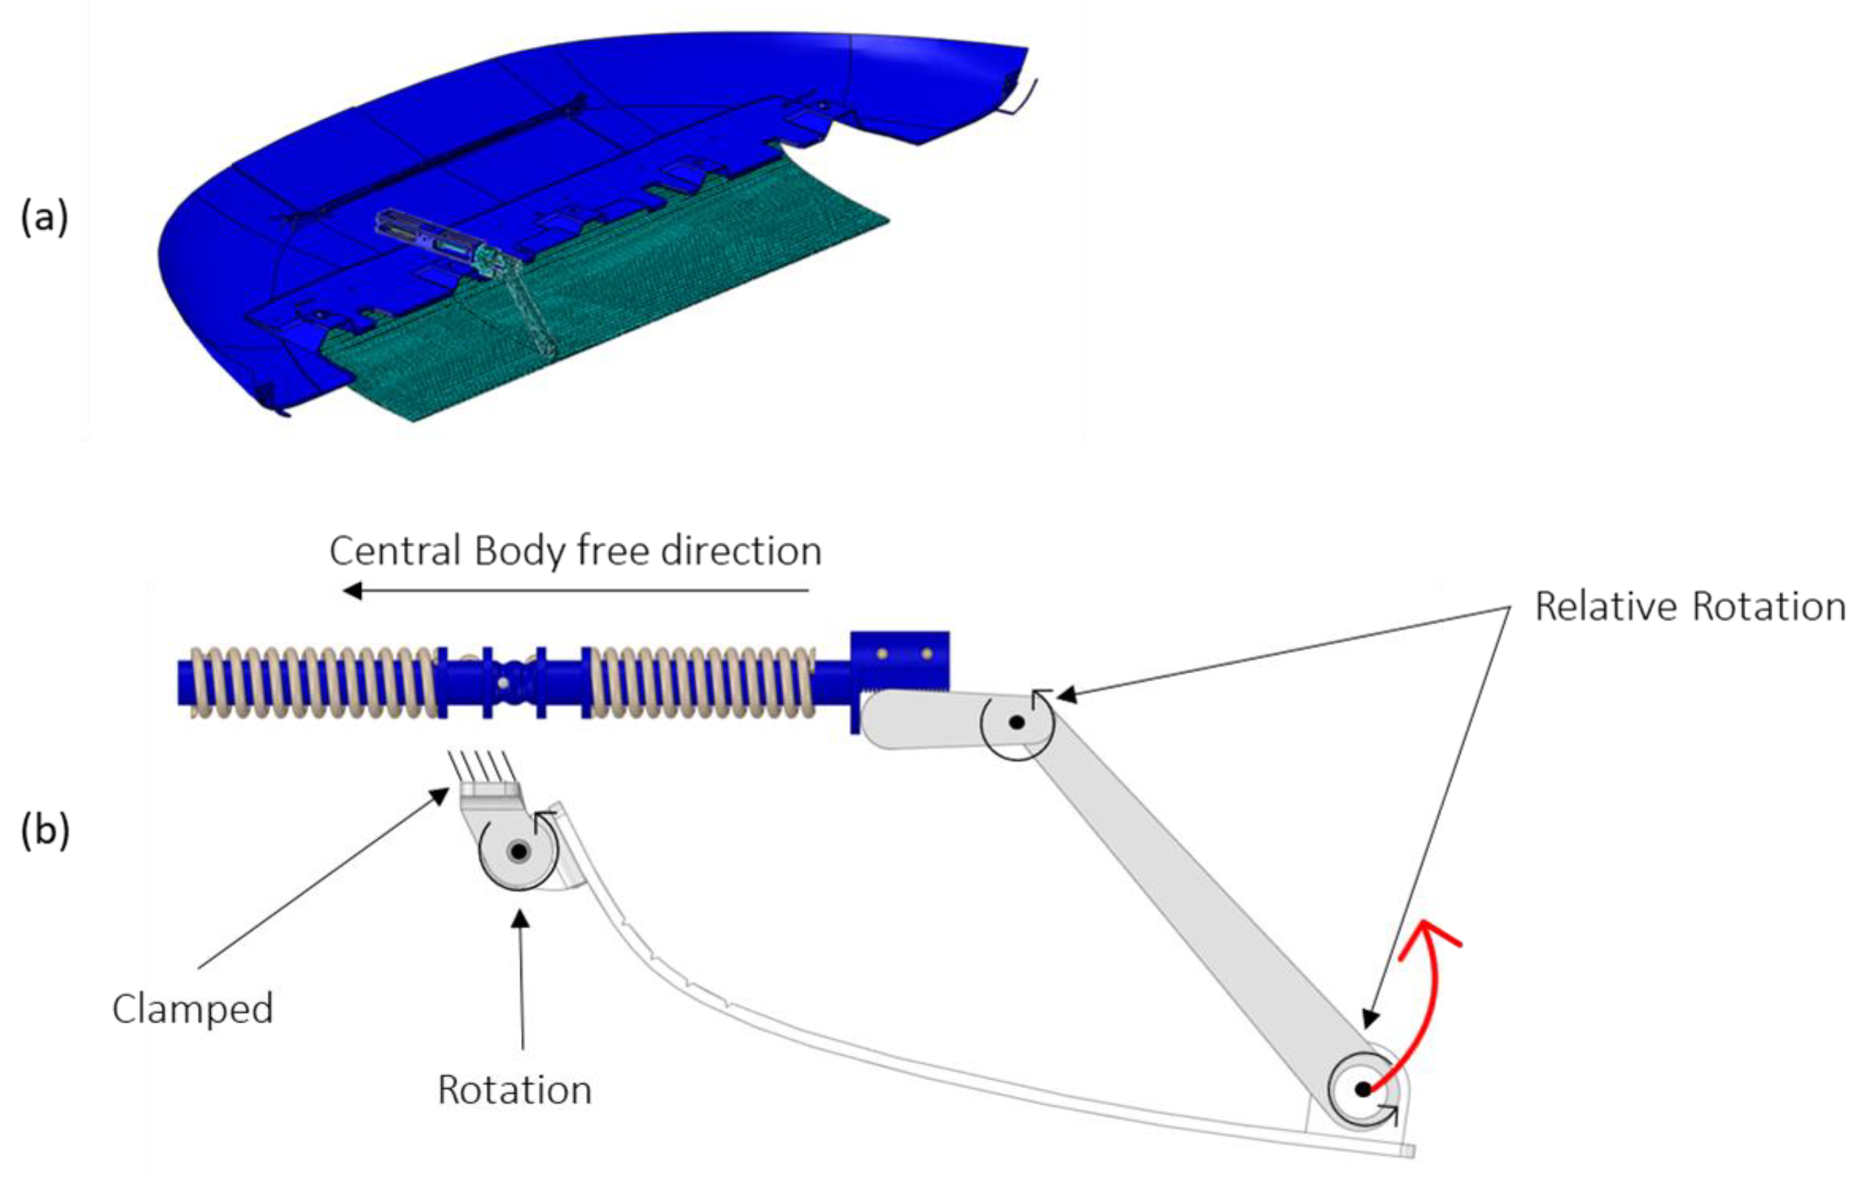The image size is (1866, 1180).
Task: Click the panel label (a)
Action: point(44,218)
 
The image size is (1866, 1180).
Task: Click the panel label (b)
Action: point(45,831)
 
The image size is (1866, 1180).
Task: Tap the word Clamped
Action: point(193,1009)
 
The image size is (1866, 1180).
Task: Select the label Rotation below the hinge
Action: point(514,1090)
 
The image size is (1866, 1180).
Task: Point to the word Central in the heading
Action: point(395,552)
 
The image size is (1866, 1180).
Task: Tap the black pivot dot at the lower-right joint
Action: point(1363,1089)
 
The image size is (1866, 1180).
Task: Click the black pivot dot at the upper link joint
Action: point(1018,722)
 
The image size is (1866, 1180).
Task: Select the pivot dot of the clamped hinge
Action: point(518,851)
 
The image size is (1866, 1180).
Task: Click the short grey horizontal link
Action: point(930,721)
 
